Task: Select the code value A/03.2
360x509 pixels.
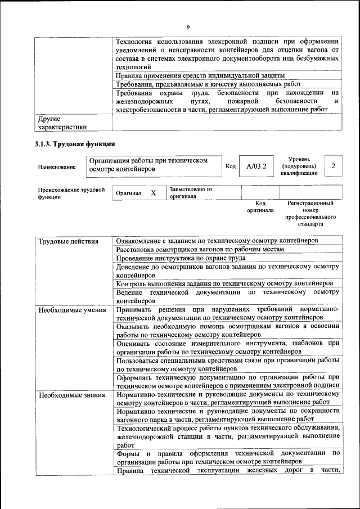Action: tap(256, 166)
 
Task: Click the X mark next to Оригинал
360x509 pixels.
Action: tap(153, 193)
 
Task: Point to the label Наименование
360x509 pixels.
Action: tap(57, 167)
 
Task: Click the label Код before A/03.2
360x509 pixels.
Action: tap(231, 166)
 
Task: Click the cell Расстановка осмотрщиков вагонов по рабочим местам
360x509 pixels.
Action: tap(200, 249)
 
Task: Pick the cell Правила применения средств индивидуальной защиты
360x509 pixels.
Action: tap(200, 75)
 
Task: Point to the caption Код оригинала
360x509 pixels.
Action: tap(260, 206)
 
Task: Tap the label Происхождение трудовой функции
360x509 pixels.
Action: tap(71, 193)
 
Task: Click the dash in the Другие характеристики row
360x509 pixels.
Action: tap(116, 119)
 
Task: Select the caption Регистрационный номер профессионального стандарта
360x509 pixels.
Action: tap(310, 213)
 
